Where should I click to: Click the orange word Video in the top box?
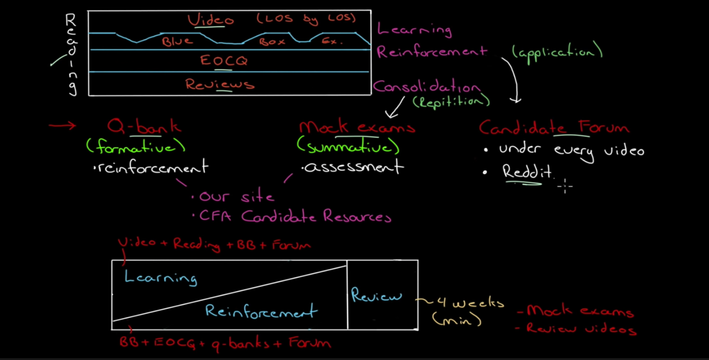click(x=210, y=20)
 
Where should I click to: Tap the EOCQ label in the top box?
click(x=223, y=61)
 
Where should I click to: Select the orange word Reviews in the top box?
click(x=220, y=84)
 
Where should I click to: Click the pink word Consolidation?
click(x=426, y=86)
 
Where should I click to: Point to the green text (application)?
click(x=557, y=52)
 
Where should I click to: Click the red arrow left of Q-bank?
click(x=62, y=126)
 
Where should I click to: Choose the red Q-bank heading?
click(x=144, y=127)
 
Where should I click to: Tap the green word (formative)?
click(x=135, y=146)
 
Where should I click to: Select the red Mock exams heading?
click(x=357, y=127)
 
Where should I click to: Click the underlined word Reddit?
click(x=527, y=172)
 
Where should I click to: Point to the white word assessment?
click(x=353, y=167)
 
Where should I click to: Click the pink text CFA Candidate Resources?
click(x=295, y=217)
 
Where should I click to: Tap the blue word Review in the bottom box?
click(x=376, y=295)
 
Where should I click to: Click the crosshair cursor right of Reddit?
click(x=565, y=185)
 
